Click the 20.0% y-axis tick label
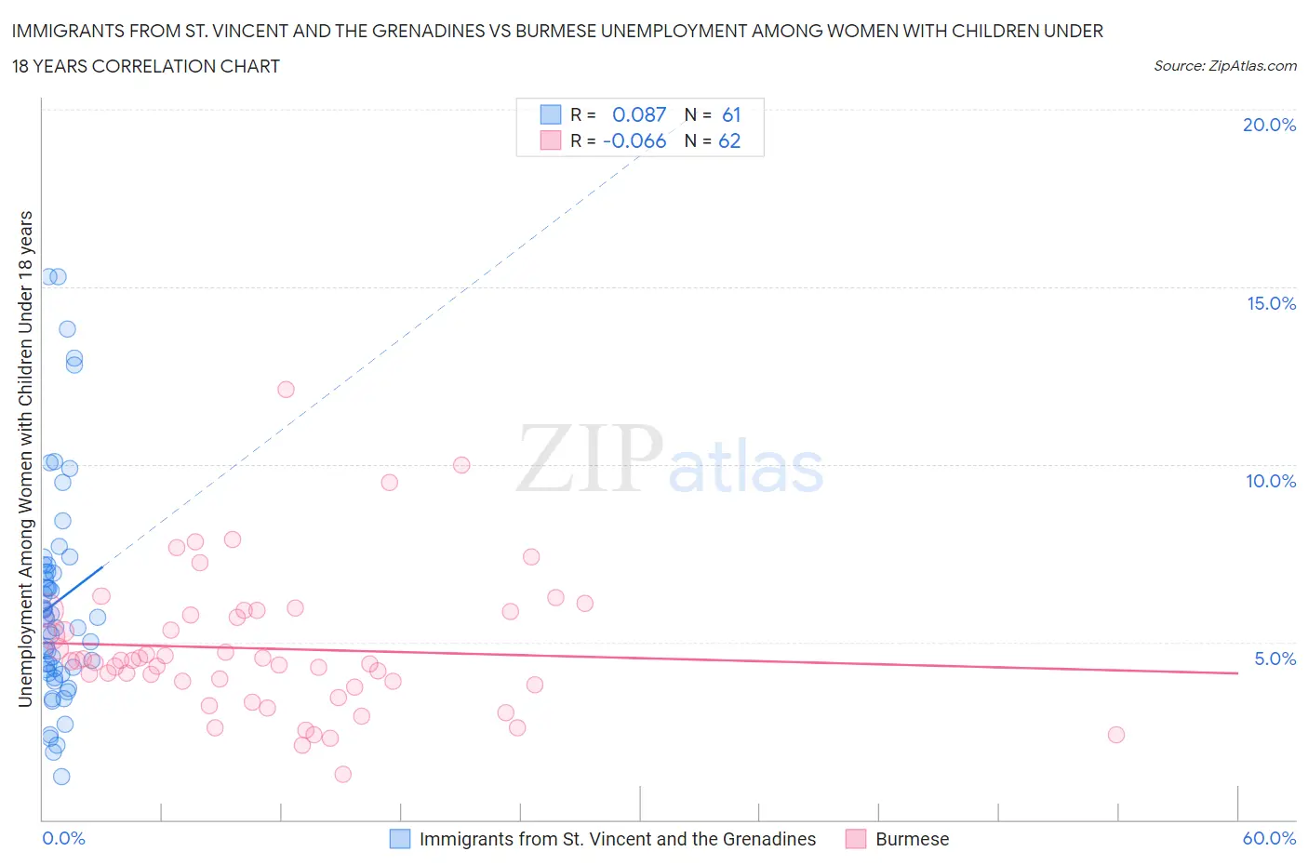(x=1269, y=125)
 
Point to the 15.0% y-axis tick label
(x=1271, y=303)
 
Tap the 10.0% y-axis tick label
(x=1271, y=481)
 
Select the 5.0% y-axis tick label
(x=1275, y=659)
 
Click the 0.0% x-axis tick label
(x=63, y=838)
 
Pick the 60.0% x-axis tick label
(x=1269, y=838)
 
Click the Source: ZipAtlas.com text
(x=1224, y=65)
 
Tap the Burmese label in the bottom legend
(x=912, y=839)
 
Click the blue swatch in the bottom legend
(x=399, y=839)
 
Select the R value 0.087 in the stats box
(x=639, y=114)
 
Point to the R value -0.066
(x=634, y=140)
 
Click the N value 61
(x=731, y=114)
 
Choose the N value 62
(x=729, y=140)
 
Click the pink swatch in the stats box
(x=551, y=140)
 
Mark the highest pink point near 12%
(x=286, y=390)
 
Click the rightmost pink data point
(x=1116, y=735)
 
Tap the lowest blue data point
(x=61, y=777)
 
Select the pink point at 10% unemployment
(x=461, y=465)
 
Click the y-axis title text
(x=26, y=459)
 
